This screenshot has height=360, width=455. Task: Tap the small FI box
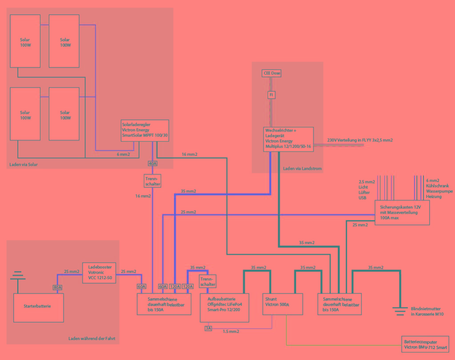pos(271,95)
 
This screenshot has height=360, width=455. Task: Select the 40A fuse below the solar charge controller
pos(152,164)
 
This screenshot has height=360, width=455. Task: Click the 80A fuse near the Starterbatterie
pos(58,288)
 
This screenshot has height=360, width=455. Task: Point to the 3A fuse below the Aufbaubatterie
pos(208,328)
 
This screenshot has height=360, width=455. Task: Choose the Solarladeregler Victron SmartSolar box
pos(145,130)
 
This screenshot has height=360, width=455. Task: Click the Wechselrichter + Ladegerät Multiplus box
pos(288,139)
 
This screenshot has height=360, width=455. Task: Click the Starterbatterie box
pos(39,307)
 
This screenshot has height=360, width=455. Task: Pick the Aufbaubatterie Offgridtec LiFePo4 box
pos(224,308)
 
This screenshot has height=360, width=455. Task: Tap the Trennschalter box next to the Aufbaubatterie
pos(208,281)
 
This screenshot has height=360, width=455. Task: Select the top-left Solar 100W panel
pos(25,41)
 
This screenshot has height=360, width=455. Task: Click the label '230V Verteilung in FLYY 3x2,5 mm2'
pos(360,140)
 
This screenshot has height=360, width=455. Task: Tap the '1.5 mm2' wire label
pos(231,332)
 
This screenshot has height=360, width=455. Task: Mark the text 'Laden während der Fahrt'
pos(92,339)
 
